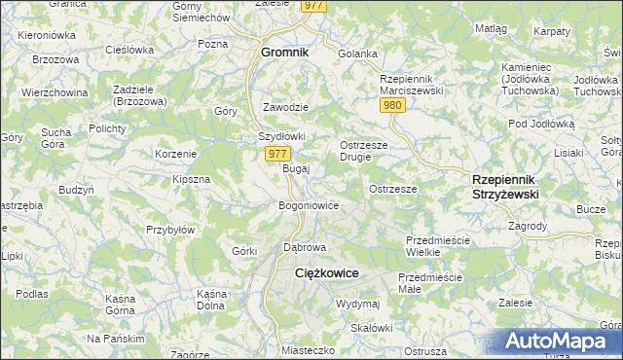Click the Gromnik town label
[284, 52]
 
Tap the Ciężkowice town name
[328, 274]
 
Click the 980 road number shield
[393, 105]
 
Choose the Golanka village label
[356, 54]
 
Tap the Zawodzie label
[286, 107]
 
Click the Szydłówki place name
[282, 136]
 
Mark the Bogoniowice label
[309, 205]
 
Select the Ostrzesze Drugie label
[362, 152]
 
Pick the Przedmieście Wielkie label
[437, 245]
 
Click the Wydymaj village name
[356, 304]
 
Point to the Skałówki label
[371, 327]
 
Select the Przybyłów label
[171, 230]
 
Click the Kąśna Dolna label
[211, 300]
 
